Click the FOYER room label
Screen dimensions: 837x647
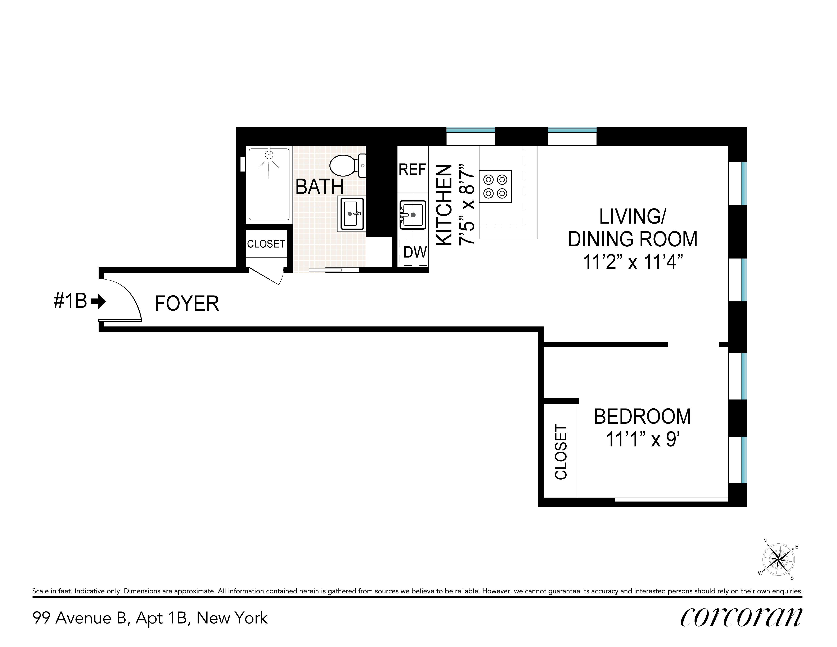tap(187, 304)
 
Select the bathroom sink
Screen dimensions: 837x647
tap(351, 214)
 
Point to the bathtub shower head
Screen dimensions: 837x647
tap(269, 154)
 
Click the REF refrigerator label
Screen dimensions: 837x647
tap(412, 169)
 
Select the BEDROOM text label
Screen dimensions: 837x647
tap(642, 417)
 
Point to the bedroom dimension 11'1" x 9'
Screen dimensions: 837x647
tap(643, 439)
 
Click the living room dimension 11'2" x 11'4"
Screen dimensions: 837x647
tap(633, 262)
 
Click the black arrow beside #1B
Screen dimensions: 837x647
tap(99, 301)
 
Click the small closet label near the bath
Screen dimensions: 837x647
tap(266, 244)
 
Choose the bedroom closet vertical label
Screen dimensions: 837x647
tap(561, 451)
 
